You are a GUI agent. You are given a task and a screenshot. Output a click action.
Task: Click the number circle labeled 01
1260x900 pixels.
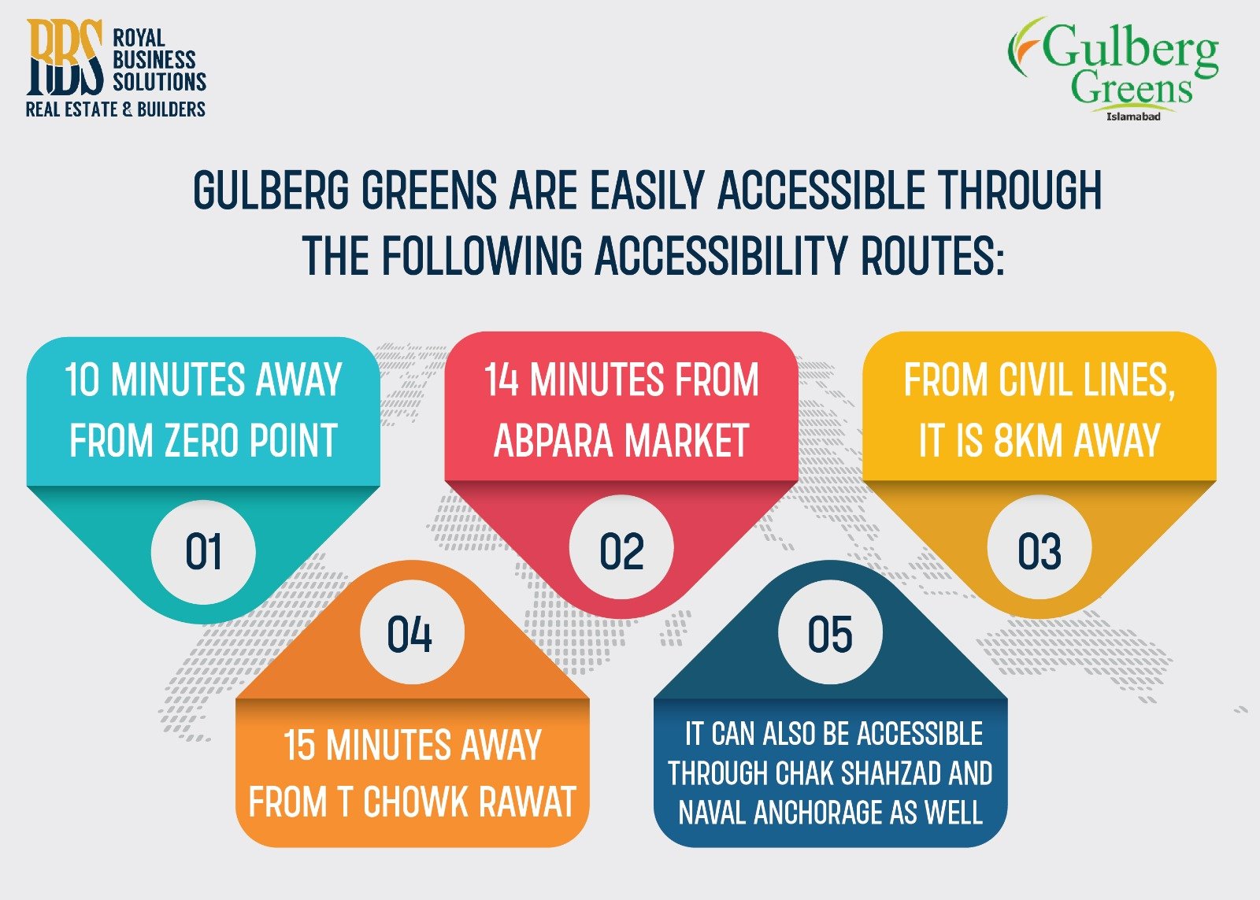(203, 551)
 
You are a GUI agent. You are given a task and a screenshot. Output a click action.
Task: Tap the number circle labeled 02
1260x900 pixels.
(621, 551)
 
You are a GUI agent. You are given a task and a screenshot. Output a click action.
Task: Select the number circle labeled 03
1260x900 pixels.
(1039, 551)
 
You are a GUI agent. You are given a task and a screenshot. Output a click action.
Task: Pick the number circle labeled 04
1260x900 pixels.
(409, 635)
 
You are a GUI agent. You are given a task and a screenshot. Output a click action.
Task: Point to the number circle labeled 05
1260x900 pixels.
(829, 635)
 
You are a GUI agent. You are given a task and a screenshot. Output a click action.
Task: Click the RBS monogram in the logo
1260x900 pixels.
(65, 57)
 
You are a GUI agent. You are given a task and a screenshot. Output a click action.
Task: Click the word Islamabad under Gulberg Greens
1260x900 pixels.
(1133, 117)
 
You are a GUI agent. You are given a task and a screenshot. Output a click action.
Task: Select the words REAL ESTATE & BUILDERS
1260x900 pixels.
(116, 109)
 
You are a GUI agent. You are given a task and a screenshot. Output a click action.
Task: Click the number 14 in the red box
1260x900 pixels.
(502, 380)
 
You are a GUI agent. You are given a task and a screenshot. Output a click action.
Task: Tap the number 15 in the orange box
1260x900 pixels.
(300, 746)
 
